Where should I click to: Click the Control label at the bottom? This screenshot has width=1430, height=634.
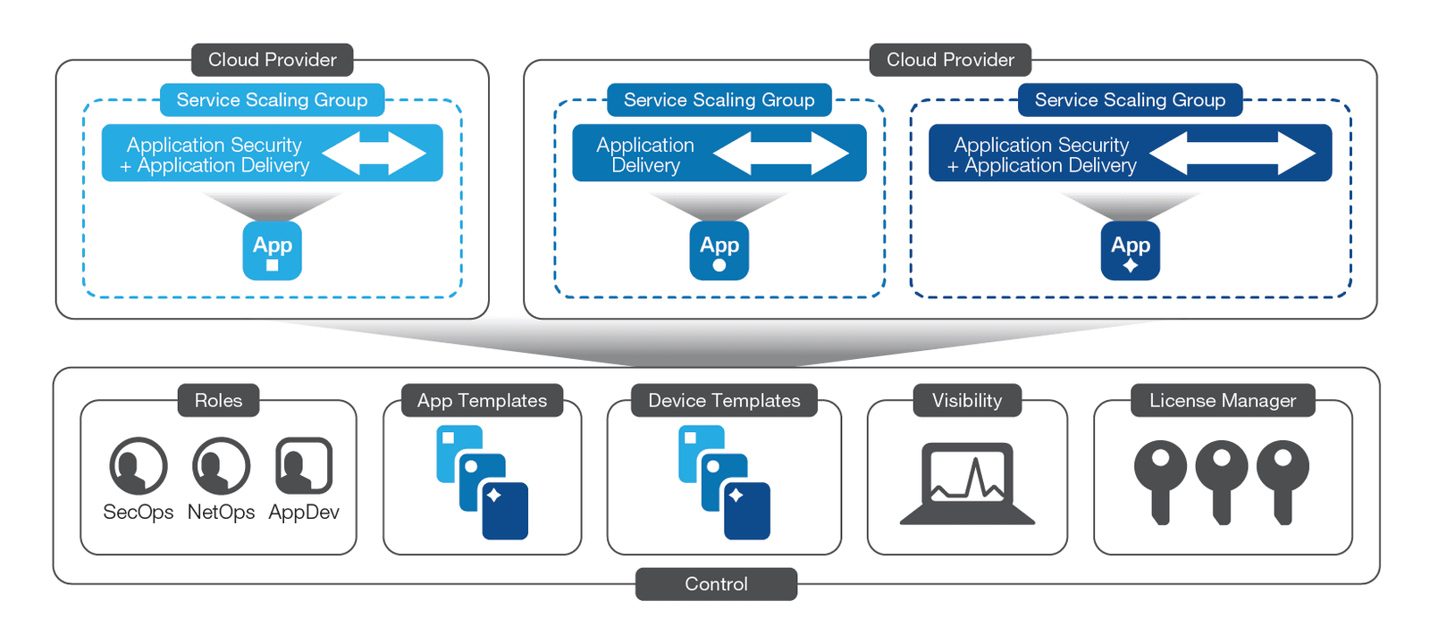point(716,584)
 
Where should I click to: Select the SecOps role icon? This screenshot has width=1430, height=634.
point(138,465)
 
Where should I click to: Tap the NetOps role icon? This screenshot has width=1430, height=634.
point(221,465)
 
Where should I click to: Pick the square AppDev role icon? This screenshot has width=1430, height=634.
point(304,465)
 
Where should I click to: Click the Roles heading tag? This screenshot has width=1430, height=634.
point(218,400)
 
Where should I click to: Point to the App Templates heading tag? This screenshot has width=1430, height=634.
point(482,400)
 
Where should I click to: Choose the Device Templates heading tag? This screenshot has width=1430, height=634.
point(724,400)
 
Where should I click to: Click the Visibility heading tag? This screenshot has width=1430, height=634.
point(967,400)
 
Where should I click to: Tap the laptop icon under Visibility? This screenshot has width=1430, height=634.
point(967,483)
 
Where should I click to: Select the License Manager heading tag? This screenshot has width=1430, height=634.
point(1222,400)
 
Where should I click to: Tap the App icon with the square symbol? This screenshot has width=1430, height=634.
point(273,251)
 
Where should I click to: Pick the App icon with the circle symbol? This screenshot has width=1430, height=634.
point(719,251)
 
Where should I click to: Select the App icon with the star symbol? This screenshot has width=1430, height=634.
point(1131,251)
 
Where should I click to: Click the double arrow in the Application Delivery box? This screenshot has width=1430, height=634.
point(780,153)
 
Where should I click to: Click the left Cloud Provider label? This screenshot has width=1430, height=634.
point(272,60)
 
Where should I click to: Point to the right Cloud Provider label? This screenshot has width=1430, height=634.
point(950,60)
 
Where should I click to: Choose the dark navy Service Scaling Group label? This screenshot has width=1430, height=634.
point(1130,100)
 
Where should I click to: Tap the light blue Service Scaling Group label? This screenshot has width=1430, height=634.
point(272,100)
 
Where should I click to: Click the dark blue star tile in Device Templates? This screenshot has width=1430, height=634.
point(746,511)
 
